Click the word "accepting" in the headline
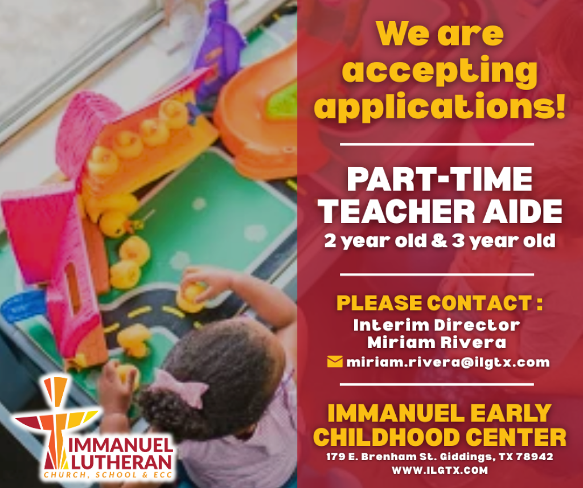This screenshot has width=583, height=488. (440, 72)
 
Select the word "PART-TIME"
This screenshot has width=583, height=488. (440, 179)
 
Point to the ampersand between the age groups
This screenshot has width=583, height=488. (439, 241)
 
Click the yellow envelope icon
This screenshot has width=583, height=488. (335, 361)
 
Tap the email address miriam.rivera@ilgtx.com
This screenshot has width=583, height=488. (447, 362)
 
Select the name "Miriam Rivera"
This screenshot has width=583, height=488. (437, 342)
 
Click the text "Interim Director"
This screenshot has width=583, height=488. (437, 325)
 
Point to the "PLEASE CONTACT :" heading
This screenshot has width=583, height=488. (440, 303)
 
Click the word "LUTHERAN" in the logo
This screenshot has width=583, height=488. (121, 462)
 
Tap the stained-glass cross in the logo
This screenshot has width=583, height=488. (56, 420)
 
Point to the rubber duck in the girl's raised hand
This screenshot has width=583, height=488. (191, 296)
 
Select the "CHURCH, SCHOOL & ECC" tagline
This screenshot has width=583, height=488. (108, 475)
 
